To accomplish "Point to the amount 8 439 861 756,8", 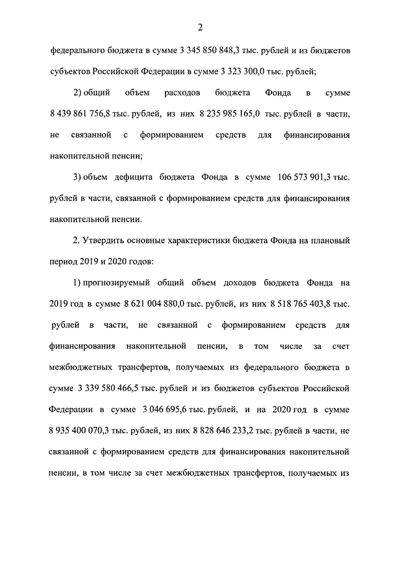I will click(x=84, y=113).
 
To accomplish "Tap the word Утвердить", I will click(x=110, y=241).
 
